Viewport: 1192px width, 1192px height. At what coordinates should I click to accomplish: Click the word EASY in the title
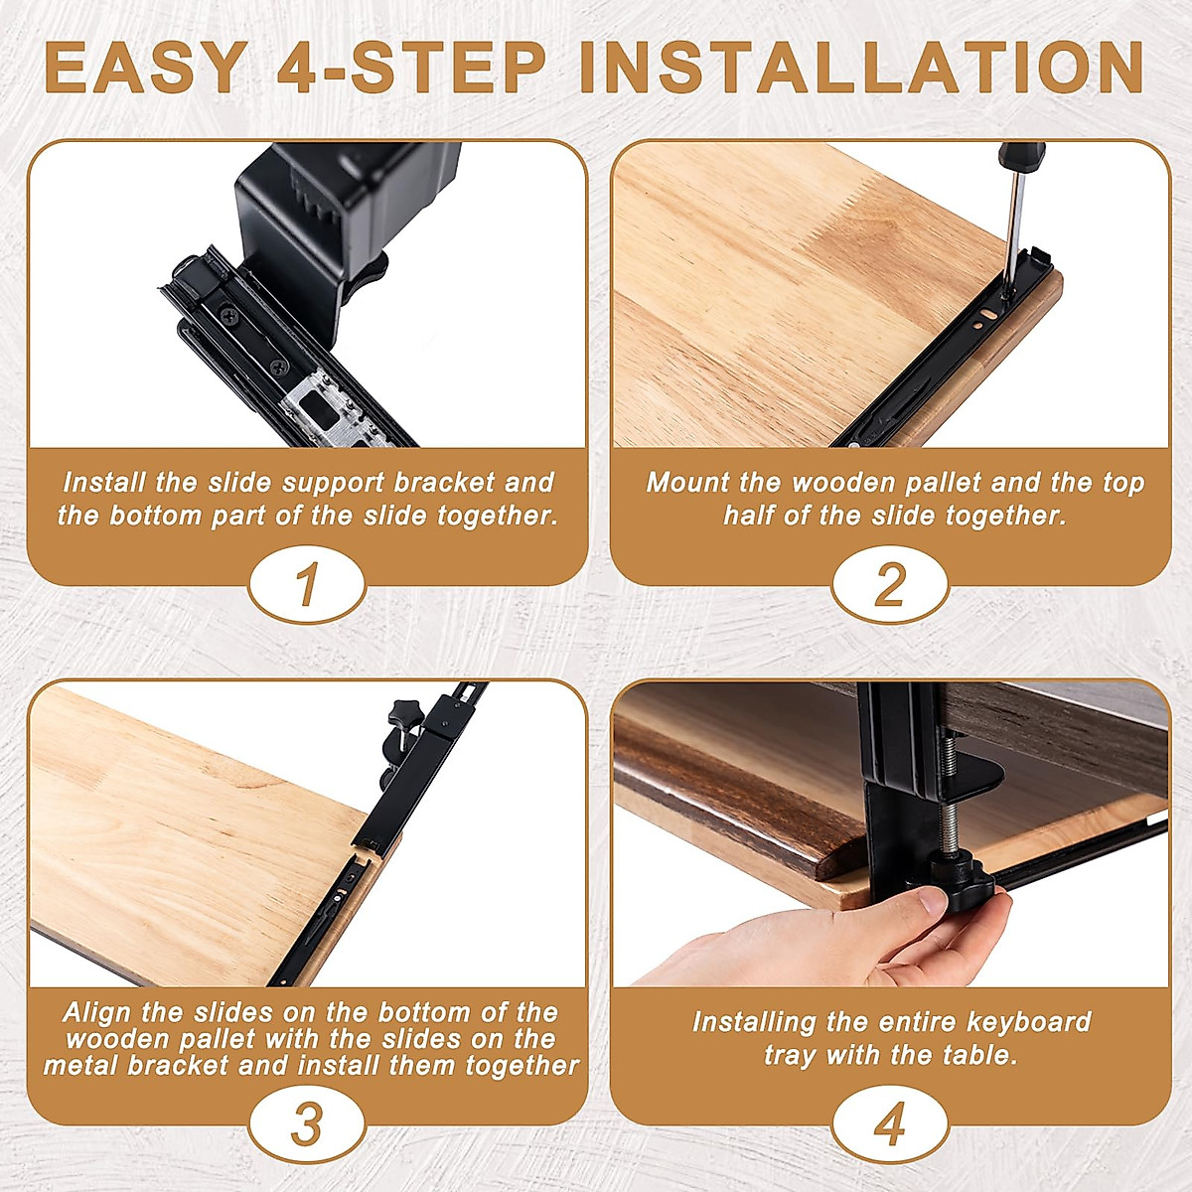144,68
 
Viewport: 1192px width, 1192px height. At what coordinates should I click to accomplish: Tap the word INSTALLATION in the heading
861,68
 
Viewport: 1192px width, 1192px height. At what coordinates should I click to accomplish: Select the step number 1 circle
307,584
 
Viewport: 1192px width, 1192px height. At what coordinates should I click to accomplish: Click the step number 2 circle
890,584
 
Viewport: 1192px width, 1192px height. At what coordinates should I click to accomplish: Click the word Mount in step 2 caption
687,483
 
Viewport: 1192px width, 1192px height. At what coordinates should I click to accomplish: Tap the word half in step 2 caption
747,516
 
